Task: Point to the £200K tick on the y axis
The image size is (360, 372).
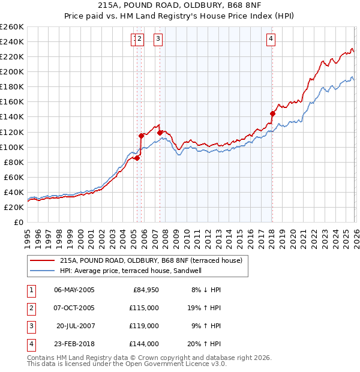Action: (x=13, y=71)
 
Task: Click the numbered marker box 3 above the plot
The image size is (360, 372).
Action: (x=158, y=40)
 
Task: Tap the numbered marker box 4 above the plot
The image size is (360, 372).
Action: (x=271, y=40)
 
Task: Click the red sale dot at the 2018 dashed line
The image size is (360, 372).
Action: (x=272, y=113)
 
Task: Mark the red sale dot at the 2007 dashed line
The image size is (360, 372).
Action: (x=160, y=132)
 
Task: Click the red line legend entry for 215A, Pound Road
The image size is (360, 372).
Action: (x=151, y=260)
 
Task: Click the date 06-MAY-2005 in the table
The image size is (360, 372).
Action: (x=74, y=290)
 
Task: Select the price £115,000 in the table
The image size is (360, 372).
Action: (x=145, y=308)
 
